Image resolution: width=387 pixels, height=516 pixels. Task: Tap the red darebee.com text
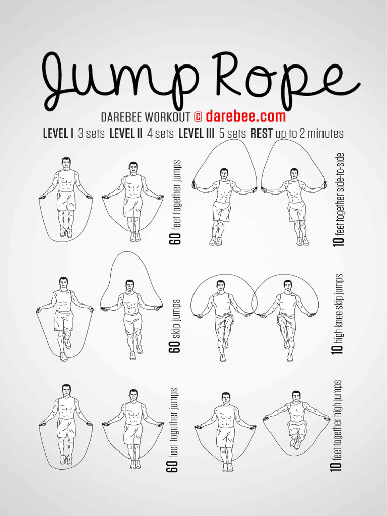click(x=245, y=117)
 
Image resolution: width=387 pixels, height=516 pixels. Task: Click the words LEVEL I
click(x=58, y=134)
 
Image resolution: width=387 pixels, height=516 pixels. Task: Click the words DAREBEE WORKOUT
click(x=146, y=117)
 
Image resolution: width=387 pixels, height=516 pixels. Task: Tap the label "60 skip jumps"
click(x=175, y=326)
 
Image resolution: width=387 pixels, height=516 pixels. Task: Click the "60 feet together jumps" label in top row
click(x=176, y=202)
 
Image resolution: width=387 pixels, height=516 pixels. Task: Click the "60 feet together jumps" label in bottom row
click(x=174, y=429)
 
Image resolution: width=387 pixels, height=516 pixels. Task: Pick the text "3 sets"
click(x=92, y=134)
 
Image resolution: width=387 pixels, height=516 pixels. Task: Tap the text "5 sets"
click(x=233, y=134)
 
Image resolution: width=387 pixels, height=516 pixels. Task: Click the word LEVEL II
click(x=126, y=134)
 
